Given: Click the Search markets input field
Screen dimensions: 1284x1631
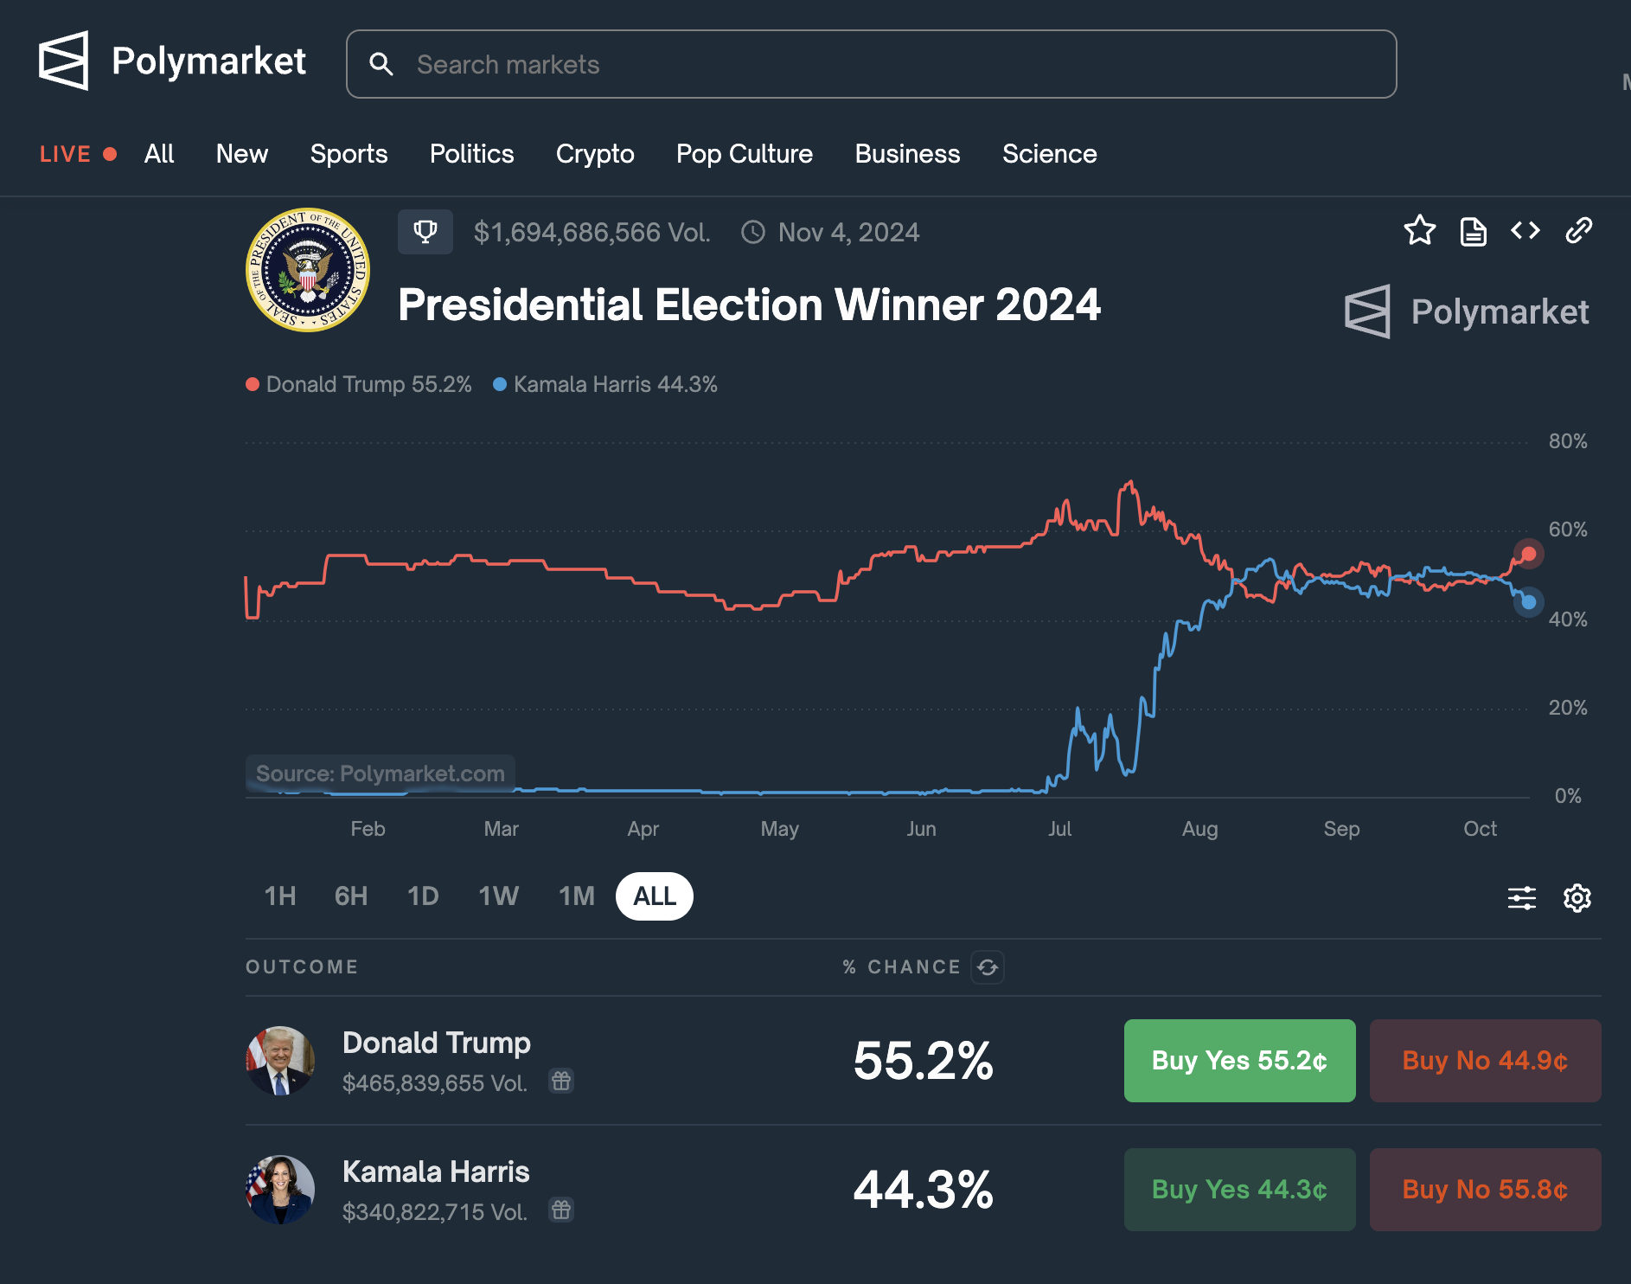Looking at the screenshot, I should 870,64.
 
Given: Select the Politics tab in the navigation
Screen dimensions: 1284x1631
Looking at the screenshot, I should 471,154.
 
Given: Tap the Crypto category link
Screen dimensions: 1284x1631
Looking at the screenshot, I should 595,154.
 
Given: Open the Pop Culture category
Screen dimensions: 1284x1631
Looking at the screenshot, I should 744,154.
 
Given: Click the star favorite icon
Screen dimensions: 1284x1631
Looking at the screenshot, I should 1419,231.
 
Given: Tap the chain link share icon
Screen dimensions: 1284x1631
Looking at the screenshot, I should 1578,231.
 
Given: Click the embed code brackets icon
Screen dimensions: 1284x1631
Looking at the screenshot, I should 1525,231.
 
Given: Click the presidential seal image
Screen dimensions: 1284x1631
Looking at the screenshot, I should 308,270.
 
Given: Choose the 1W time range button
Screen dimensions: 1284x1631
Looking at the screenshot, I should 498,896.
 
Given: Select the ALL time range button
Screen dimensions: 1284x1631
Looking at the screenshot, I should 654,896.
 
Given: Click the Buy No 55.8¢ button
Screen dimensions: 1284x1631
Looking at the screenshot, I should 1485,1190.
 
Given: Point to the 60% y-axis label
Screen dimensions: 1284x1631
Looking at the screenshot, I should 1567,530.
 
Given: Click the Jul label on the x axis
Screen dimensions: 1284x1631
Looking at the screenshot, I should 1059,829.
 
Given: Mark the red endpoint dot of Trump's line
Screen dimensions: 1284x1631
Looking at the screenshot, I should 1529,554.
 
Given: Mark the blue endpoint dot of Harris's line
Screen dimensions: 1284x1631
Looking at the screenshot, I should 1529,602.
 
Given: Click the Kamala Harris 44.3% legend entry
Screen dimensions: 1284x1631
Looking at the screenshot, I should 605,384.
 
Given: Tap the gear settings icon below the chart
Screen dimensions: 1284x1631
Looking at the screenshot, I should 1577,898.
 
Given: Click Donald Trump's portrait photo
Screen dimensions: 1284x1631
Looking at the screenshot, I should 280,1061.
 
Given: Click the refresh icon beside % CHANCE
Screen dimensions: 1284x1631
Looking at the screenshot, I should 988,967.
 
